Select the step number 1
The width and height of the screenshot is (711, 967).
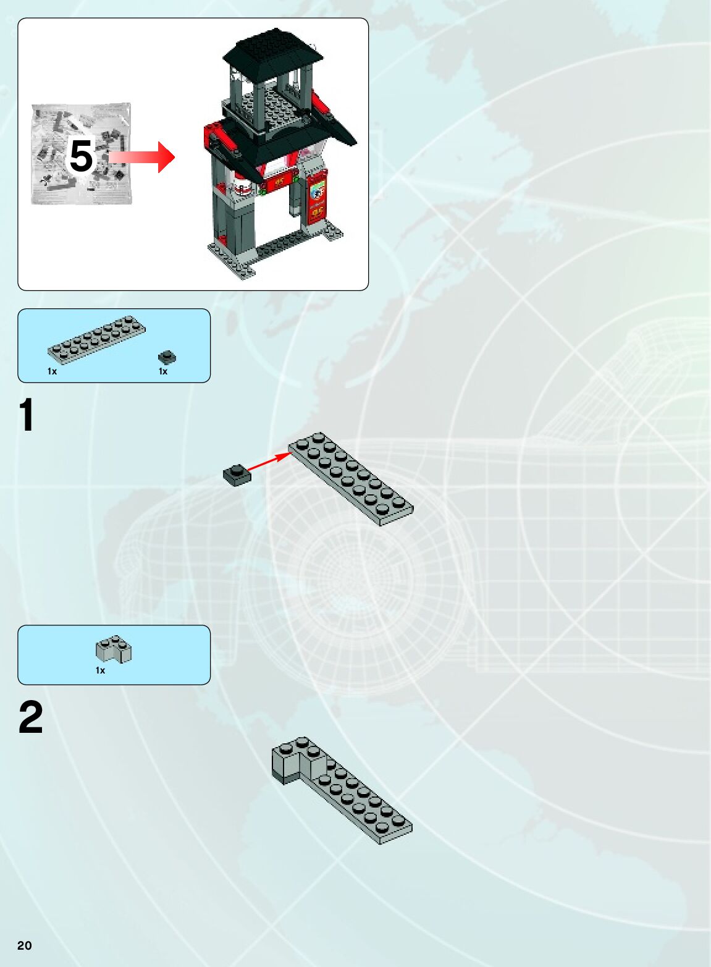click(27, 415)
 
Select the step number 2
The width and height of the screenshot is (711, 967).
click(31, 717)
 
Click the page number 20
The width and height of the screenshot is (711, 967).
click(25, 945)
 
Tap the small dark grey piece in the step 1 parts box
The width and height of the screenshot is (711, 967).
click(167, 357)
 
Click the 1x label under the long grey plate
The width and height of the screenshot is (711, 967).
click(52, 371)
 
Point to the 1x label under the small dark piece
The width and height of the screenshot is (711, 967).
click(163, 371)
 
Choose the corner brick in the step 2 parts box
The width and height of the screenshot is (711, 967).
click(114, 649)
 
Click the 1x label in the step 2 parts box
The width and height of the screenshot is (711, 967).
click(100, 670)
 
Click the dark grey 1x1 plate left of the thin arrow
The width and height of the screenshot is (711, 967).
click(237, 475)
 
